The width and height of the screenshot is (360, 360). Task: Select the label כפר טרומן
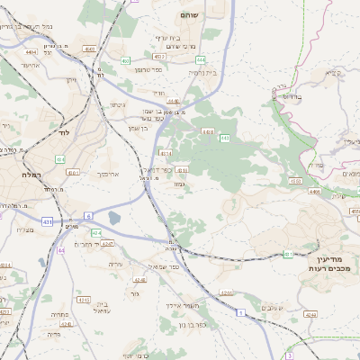coord(150,70)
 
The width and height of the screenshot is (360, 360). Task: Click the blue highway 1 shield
coord(241,312)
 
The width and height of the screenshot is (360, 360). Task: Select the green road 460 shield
coord(125,60)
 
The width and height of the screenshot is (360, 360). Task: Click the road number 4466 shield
coord(314,192)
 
